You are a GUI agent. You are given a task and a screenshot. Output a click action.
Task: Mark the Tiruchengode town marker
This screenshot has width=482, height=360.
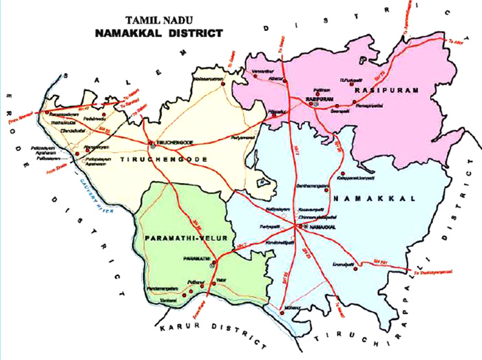click(x=153, y=143)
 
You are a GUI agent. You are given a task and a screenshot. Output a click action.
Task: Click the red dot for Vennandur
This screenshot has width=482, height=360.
click(x=255, y=76)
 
